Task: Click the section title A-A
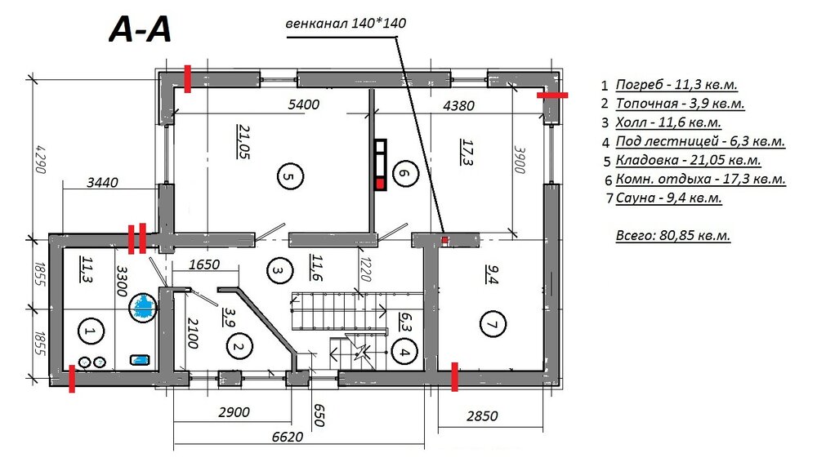tap(140, 29)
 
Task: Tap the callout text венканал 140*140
tap(346, 24)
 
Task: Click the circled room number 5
tap(290, 176)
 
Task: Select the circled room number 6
tap(405, 173)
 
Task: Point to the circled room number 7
tap(493, 324)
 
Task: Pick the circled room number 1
tap(91, 331)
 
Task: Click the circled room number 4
tap(405, 353)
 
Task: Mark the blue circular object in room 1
tap(142, 307)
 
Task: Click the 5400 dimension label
tap(304, 104)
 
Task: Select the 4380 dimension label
tap(458, 105)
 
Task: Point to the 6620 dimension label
tap(288, 436)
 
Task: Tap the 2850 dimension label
tap(482, 415)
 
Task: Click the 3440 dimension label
tap(102, 183)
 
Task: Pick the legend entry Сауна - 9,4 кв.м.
tap(668, 198)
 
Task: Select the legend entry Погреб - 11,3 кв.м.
tap(676, 85)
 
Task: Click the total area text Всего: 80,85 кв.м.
tap(672, 235)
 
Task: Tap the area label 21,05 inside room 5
tap(243, 141)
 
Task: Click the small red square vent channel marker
tap(445, 240)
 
